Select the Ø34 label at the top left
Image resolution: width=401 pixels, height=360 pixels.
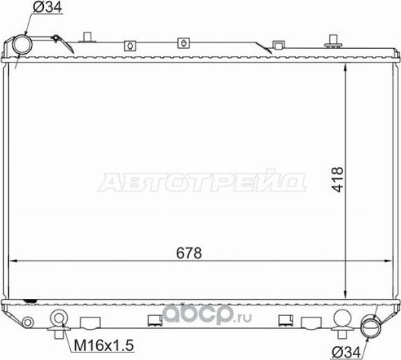[45, 9]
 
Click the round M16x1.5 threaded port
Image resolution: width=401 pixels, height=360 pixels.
[59, 319]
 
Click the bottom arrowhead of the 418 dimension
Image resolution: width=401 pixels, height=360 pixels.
[348, 295]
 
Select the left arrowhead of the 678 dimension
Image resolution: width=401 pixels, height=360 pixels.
[11, 261]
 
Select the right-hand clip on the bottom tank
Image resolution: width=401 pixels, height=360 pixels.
[285, 319]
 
